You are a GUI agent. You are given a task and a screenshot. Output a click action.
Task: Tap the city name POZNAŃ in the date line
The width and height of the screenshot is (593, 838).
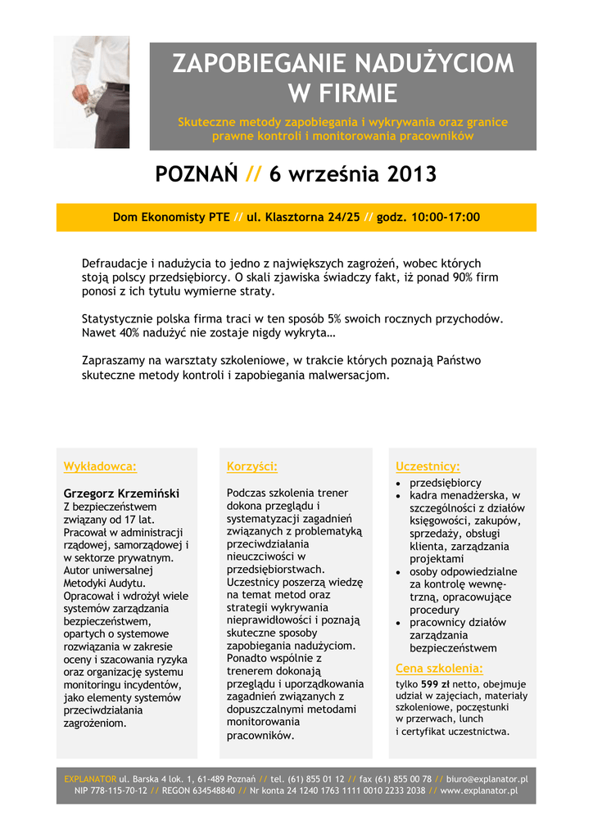[197, 174]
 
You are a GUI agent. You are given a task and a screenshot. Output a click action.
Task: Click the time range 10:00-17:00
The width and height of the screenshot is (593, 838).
[446, 218]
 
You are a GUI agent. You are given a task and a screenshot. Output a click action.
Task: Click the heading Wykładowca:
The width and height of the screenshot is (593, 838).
[100, 466]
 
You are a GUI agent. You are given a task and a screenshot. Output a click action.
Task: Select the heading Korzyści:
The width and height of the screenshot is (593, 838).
[252, 466]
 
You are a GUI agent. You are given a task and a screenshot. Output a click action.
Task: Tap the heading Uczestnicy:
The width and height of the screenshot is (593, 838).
[428, 466]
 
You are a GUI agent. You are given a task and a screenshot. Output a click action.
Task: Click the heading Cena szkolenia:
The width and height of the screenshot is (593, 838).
[439, 668]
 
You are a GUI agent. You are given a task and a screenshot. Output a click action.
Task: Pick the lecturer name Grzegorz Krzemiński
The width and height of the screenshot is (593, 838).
[121, 493]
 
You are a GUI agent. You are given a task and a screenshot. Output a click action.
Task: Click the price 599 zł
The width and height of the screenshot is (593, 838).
[434, 684]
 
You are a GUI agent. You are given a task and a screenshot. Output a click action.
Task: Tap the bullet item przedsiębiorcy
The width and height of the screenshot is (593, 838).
[446, 484]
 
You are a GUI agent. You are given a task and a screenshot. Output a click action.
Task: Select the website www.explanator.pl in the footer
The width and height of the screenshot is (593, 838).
[479, 791]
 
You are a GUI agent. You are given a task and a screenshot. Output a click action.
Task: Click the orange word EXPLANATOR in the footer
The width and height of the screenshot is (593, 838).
[90, 779]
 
